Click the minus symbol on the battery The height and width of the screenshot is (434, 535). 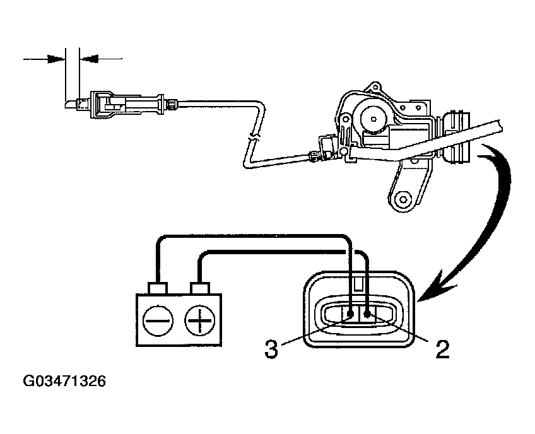[x=158, y=320]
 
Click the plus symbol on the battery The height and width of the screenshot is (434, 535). [x=200, y=320]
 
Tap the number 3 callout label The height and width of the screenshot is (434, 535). [x=271, y=349]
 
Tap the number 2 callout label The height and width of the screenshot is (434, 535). [x=442, y=349]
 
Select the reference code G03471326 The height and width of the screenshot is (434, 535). [x=64, y=381]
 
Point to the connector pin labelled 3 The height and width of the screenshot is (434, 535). [x=350, y=314]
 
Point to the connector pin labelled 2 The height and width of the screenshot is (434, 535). [x=367, y=313]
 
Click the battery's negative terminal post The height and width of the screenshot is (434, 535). [x=157, y=288]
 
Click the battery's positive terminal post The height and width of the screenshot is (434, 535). [x=200, y=288]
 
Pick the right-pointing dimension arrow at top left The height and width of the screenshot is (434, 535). [x=44, y=59]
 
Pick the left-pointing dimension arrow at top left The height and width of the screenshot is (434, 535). [x=101, y=59]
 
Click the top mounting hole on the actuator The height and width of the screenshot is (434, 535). [x=376, y=86]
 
